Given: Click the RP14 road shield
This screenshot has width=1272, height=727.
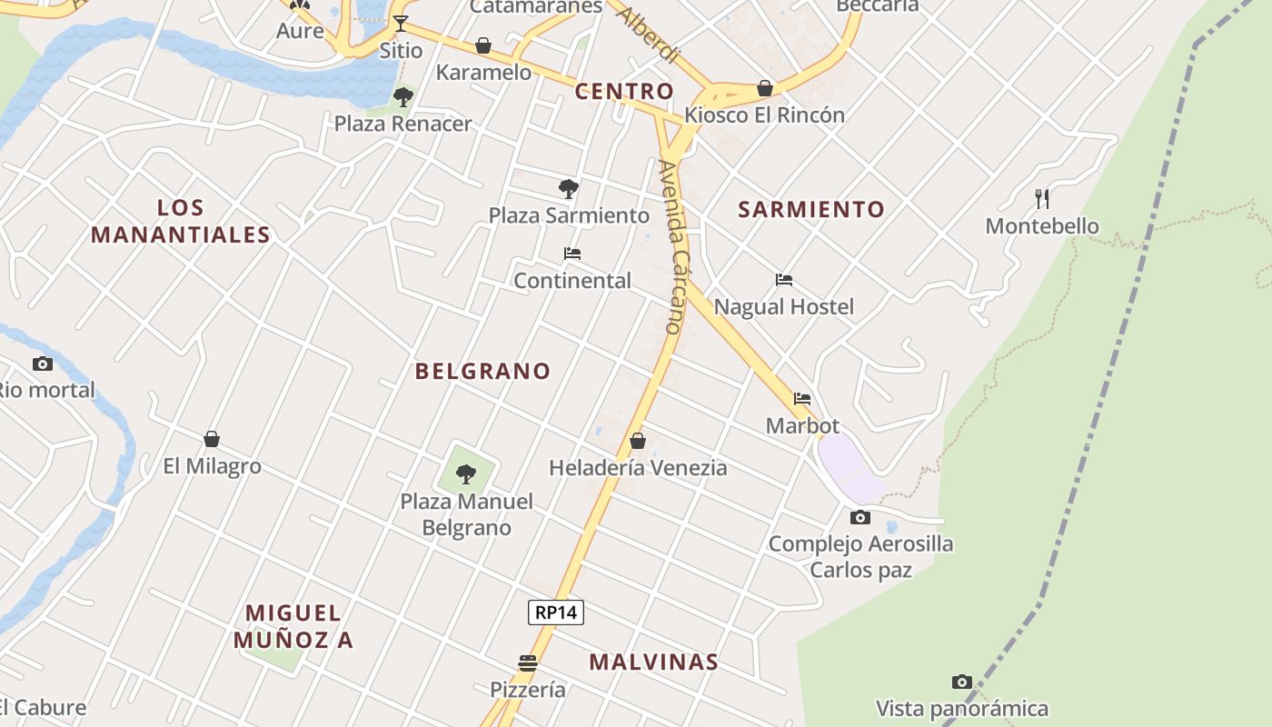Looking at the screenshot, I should [556, 612].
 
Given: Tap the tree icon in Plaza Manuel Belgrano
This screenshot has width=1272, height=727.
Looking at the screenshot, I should [466, 473].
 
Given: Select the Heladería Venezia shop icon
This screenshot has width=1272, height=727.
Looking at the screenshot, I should [638, 441].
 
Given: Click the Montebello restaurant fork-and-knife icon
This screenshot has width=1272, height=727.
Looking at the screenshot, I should [1042, 198].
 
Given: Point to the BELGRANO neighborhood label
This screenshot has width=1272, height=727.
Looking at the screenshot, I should [482, 371].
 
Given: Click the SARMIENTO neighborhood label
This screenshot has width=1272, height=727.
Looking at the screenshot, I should [810, 209].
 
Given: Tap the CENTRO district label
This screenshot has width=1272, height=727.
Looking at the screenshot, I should [624, 91].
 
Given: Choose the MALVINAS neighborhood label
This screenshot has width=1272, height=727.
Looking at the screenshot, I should [653, 662].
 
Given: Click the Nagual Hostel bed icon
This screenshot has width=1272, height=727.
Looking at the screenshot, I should [784, 280].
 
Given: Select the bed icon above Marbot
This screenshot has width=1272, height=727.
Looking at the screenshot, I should [802, 398].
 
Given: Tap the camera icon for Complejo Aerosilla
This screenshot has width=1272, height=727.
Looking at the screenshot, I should [860, 518].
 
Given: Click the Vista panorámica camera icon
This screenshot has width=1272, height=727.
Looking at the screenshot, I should [962, 682].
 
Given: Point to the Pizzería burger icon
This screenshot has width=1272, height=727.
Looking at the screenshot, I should [528, 662].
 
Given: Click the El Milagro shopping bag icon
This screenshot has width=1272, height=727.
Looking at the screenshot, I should [212, 440].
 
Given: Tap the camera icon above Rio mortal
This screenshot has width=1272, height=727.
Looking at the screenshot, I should [43, 363].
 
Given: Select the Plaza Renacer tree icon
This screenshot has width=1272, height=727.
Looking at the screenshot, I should [403, 96].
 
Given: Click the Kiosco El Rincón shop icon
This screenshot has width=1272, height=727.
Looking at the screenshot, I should [765, 88].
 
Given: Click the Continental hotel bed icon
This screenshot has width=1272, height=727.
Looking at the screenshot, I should [572, 254].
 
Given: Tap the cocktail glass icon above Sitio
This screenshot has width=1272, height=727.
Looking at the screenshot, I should [401, 23].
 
